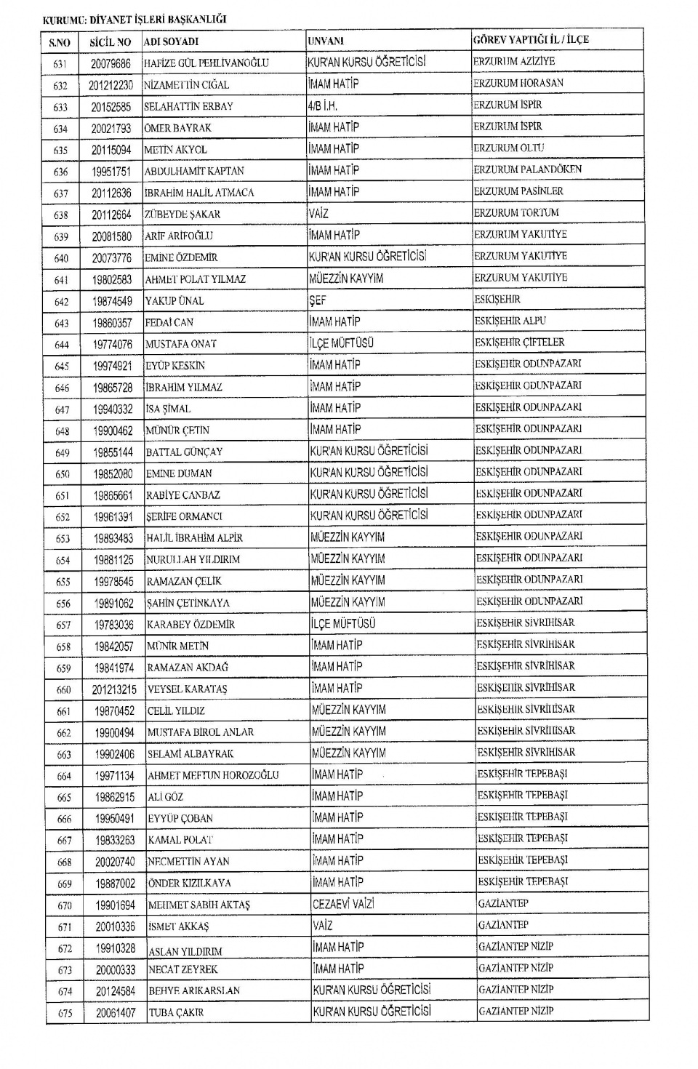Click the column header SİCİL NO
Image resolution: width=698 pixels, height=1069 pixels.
click(110, 42)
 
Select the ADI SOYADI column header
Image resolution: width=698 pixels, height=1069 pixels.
click(171, 41)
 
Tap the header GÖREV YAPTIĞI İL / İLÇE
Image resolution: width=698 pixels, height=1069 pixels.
click(531, 40)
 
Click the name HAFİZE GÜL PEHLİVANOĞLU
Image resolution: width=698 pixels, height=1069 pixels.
click(206, 63)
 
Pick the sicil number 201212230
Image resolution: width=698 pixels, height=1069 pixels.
click(111, 85)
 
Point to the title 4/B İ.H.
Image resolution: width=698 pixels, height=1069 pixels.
click(322, 105)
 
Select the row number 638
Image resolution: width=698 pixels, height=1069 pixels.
click(60, 215)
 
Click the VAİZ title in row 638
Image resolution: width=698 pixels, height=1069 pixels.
click(318, 214)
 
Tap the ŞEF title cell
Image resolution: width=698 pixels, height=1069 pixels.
click(318, 300)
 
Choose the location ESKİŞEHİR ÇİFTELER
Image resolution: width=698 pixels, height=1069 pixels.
click(519, 343)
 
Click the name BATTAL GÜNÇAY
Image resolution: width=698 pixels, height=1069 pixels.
click(184, 452)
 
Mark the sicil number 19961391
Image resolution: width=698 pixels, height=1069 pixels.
click(113, 517)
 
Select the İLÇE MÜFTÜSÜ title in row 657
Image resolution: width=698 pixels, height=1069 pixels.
click(343, 624)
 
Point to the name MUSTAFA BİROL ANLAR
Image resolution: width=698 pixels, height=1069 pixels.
click(201, 732)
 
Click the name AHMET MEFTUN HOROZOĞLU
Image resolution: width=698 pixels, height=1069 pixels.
click(213, 775)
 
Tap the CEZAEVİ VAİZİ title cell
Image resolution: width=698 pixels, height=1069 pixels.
click(343, 904)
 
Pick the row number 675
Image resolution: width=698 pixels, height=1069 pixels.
click(65, 1013)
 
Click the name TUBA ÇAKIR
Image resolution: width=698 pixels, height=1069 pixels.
click(176, 1012)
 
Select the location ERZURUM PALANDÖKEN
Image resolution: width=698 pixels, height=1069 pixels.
click(528, 169)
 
